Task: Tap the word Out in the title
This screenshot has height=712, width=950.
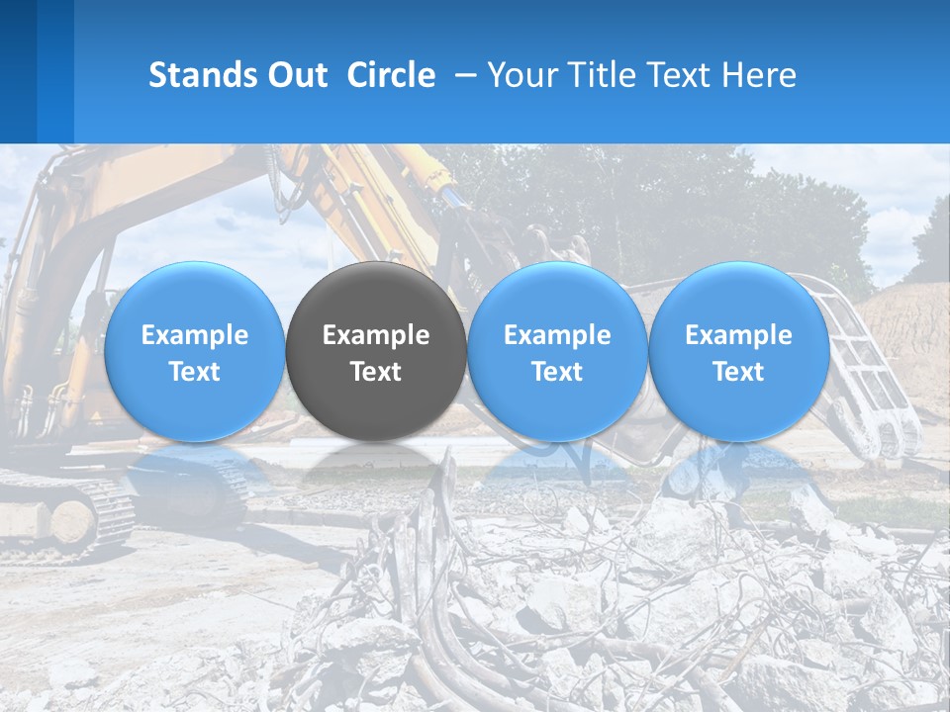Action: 295,75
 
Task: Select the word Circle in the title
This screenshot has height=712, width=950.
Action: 391,75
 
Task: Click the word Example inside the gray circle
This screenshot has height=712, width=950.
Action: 376,335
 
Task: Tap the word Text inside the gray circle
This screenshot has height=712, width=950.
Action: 376,372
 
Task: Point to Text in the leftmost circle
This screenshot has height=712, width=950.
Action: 195,372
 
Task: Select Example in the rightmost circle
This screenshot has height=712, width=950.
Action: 738,335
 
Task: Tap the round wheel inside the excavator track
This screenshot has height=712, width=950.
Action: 71,521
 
